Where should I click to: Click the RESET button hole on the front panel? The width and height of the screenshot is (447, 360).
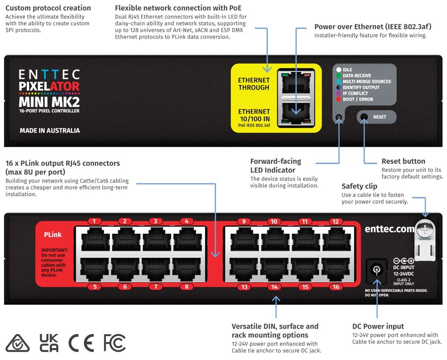click(364, 117)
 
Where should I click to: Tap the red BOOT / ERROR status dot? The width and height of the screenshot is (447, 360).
click(339, 99)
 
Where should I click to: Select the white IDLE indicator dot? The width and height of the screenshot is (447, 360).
click(339, 70)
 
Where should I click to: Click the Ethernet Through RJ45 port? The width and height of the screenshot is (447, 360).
click(296, 83)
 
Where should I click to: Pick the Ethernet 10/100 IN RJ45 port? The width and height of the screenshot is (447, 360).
click(296, 113)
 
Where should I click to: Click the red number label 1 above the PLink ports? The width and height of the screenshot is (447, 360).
click(94, 221)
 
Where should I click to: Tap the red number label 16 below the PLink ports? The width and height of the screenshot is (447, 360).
click(336, 287)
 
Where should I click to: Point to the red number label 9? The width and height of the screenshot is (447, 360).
click(244, 221)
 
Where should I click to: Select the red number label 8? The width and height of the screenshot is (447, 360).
click(187, 286)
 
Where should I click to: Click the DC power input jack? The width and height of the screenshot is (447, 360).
click(376, 269)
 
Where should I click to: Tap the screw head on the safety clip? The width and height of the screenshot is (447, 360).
click(425, 229)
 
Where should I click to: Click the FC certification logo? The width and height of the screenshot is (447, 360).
click(115, 343)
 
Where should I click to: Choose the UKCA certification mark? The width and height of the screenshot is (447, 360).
click(49, 343)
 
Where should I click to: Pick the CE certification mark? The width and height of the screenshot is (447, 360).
click(81, 343)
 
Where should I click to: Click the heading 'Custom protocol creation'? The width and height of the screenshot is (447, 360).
click(48, 8)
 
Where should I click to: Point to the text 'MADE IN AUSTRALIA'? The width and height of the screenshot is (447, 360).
click(50, 130)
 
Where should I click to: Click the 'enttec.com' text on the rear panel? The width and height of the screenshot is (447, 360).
click(389, 229)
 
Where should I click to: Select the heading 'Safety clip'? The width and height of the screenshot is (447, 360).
click(359, 186)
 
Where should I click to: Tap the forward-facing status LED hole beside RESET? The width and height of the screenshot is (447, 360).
click(339, 117)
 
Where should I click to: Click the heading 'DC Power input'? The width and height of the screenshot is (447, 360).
click(378, 326)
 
